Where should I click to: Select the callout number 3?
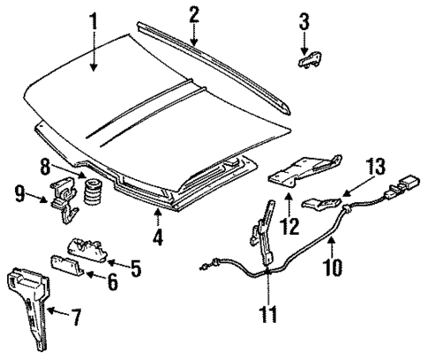click(304, 20)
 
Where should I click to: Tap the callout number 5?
click(134, 266)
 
